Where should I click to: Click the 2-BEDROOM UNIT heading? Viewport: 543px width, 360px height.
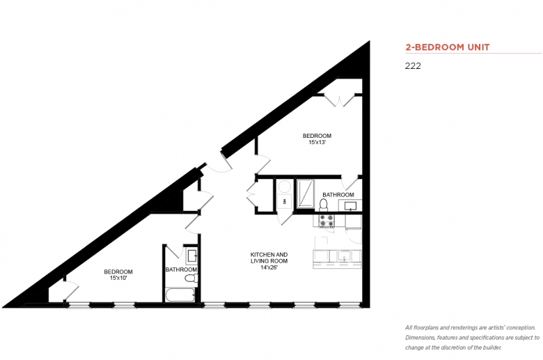coord(448,47)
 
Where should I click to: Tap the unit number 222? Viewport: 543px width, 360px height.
coord(413,66)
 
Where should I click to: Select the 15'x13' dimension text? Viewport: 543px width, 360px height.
coord(317,142)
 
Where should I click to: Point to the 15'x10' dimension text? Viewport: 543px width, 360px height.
coord(118,278)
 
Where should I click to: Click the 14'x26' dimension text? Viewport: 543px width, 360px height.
coord(269,267)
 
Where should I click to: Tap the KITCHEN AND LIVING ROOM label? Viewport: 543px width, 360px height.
coord(269,258)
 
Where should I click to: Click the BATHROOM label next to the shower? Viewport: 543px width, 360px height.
coord(338,195)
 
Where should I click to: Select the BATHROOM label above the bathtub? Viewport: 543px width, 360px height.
coord(181,269)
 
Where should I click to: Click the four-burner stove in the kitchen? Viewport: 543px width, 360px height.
coord(326,221)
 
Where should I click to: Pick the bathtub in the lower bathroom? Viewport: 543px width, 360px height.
coord(180,295)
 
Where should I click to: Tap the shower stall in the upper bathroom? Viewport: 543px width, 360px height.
coord(305,194)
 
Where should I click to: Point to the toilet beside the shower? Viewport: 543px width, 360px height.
coord(324,205)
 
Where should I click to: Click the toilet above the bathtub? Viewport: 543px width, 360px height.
coord(191,278)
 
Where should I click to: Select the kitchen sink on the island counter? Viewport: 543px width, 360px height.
coord(344,256)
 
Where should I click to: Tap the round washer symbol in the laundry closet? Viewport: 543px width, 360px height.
coord(285,187)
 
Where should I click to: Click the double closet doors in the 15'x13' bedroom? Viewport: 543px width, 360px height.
coord(340,99)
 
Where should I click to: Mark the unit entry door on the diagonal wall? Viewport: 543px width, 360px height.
coord(219,162)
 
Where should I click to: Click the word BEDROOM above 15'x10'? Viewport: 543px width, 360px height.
coord(118,272)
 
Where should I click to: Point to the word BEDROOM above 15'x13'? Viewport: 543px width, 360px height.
coord(317,136)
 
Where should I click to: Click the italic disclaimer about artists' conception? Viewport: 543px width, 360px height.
coord(473,338)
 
